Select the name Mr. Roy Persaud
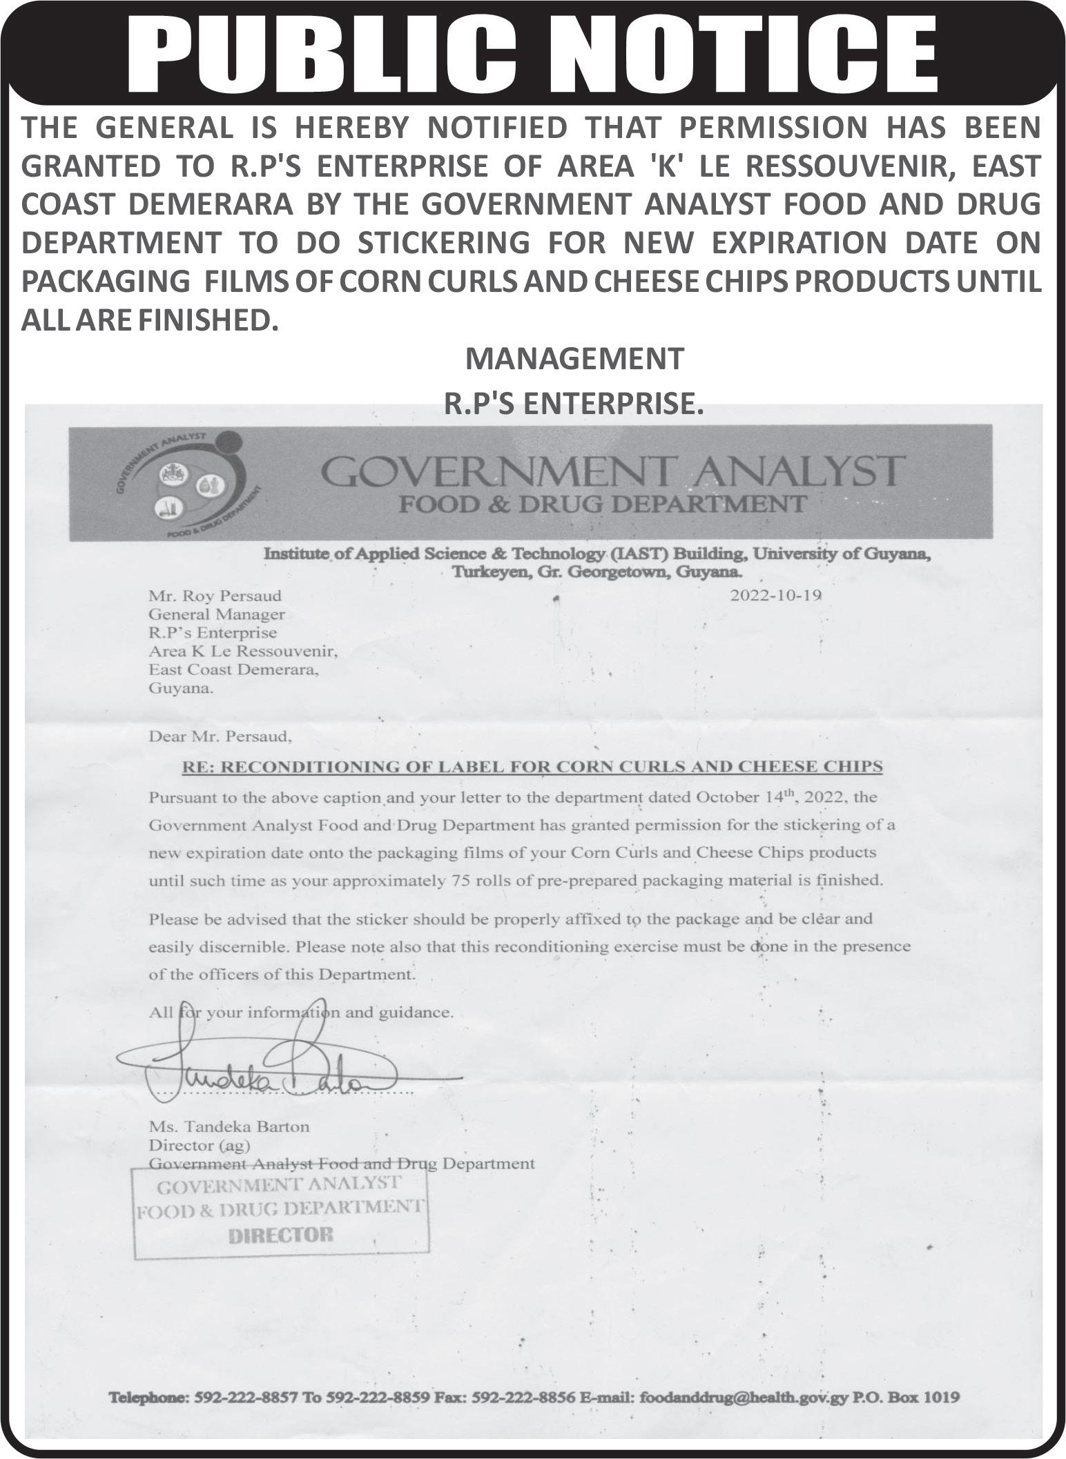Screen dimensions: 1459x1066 coord(215,596)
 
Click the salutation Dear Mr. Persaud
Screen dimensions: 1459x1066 coord(220,736)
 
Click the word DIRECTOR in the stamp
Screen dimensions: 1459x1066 coord(280,1235)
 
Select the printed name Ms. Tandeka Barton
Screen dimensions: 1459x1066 coord(229,1126)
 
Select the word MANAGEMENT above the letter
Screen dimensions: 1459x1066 coord(574,359)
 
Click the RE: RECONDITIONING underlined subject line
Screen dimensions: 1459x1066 coord(532,766)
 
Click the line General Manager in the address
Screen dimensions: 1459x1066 coord(217,614)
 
